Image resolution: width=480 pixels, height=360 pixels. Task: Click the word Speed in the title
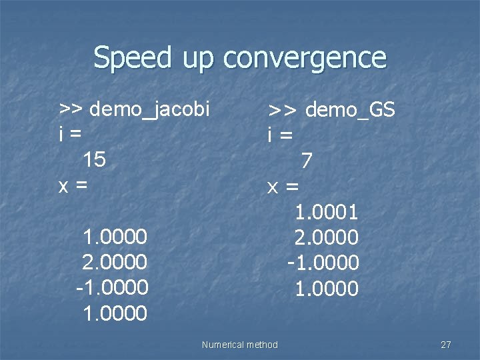point(133,59)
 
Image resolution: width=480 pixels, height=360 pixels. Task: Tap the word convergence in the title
point(305,59)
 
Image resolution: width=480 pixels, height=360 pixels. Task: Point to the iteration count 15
point(95,159)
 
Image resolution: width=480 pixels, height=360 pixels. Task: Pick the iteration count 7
point(306,161)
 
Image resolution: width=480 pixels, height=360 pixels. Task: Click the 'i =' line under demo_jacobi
point(71,133)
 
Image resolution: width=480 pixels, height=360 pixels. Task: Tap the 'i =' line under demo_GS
point(280,135)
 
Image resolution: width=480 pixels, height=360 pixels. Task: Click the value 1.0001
point(327,213)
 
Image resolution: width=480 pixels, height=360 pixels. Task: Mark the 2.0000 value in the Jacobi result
point(114,262)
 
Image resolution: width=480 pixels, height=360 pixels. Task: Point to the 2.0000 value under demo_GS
point(327,237)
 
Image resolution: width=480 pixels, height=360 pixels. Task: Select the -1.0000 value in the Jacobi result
point(111,287)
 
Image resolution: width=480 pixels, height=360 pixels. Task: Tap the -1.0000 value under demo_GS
point(323,263)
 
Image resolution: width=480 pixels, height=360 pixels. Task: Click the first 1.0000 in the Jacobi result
point(114,237)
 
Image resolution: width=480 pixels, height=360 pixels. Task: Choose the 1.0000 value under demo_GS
point(327,289)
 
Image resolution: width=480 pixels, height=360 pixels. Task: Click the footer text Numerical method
point(239,345)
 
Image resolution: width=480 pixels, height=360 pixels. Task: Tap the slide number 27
point(446,345)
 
